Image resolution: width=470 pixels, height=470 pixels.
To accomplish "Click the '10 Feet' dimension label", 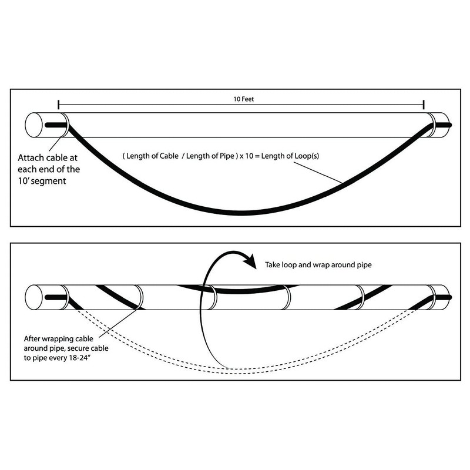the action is pos(243,99).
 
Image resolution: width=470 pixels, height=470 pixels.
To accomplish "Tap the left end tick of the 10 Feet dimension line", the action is pos(58,105).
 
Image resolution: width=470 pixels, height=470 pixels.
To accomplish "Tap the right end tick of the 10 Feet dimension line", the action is pos(424,105).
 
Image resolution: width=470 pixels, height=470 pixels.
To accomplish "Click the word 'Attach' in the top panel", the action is pos(32,157).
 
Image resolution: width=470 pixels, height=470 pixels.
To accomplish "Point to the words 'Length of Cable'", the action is pos(152,156).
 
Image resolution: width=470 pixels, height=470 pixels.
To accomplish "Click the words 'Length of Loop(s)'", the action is pos(290,156).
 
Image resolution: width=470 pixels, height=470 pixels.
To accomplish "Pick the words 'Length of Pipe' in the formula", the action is pos(210,156).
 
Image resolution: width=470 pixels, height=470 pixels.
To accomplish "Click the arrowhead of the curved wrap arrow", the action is pos(251,261).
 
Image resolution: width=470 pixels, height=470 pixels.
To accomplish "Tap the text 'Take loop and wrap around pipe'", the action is pos(318,265).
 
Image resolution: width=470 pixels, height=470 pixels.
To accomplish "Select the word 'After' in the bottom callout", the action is pos(32,339).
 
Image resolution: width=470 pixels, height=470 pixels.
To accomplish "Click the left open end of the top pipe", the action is pos(33,125).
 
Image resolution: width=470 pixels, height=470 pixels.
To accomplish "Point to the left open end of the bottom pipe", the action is pos(33,297).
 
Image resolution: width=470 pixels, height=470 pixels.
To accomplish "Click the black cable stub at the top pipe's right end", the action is pos(443,125).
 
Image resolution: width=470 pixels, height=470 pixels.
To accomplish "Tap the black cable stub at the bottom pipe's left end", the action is pos(56,297).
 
